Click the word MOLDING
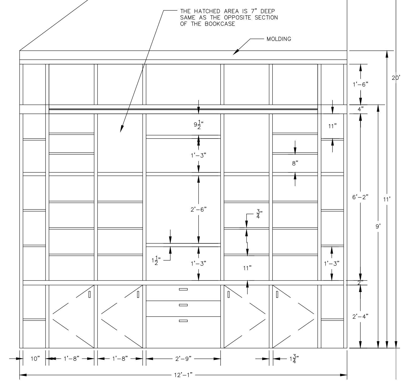click(279, 39)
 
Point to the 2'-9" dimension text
click(183, 359)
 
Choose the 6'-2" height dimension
click(360, 197)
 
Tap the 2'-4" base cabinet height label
click(360, 316)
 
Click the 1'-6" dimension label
click(360, 84)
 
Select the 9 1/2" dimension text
click(199, 125)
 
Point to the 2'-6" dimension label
click(198, 209)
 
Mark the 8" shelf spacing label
click(295, 163)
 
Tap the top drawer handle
click(183, 289)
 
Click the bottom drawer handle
click(183, 321)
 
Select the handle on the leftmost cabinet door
click(89, 294)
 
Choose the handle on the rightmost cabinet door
click(277, 294)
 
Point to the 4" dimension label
click(361, 109)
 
